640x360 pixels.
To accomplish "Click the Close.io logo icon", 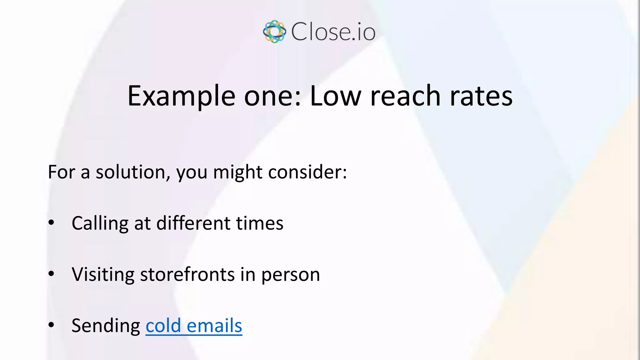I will [x=274, y=32].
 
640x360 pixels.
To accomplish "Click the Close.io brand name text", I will [x=333, y=32].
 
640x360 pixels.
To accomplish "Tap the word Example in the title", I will [x=181, y=96].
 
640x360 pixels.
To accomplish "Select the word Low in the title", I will [x=335, y=96].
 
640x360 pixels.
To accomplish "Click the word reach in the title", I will [x=405, y=96].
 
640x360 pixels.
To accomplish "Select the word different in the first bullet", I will [x=193, y=223].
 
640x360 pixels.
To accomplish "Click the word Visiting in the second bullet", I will [x=103, y=274].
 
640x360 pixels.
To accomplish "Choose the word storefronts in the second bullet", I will [x=187, y=274].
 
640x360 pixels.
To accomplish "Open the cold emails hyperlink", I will [x=194, y=326].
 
